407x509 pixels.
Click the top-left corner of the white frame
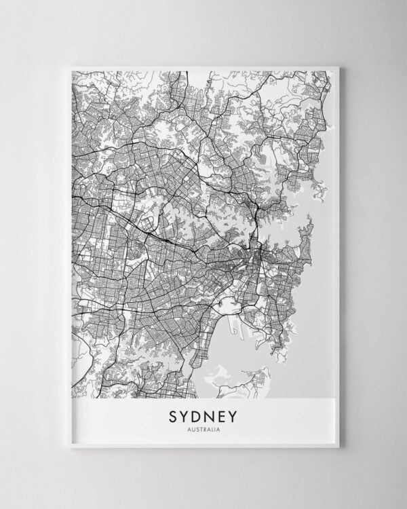69,67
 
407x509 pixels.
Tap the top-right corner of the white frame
338,67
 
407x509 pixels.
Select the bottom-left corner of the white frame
69,447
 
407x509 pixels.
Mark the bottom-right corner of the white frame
338,447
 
